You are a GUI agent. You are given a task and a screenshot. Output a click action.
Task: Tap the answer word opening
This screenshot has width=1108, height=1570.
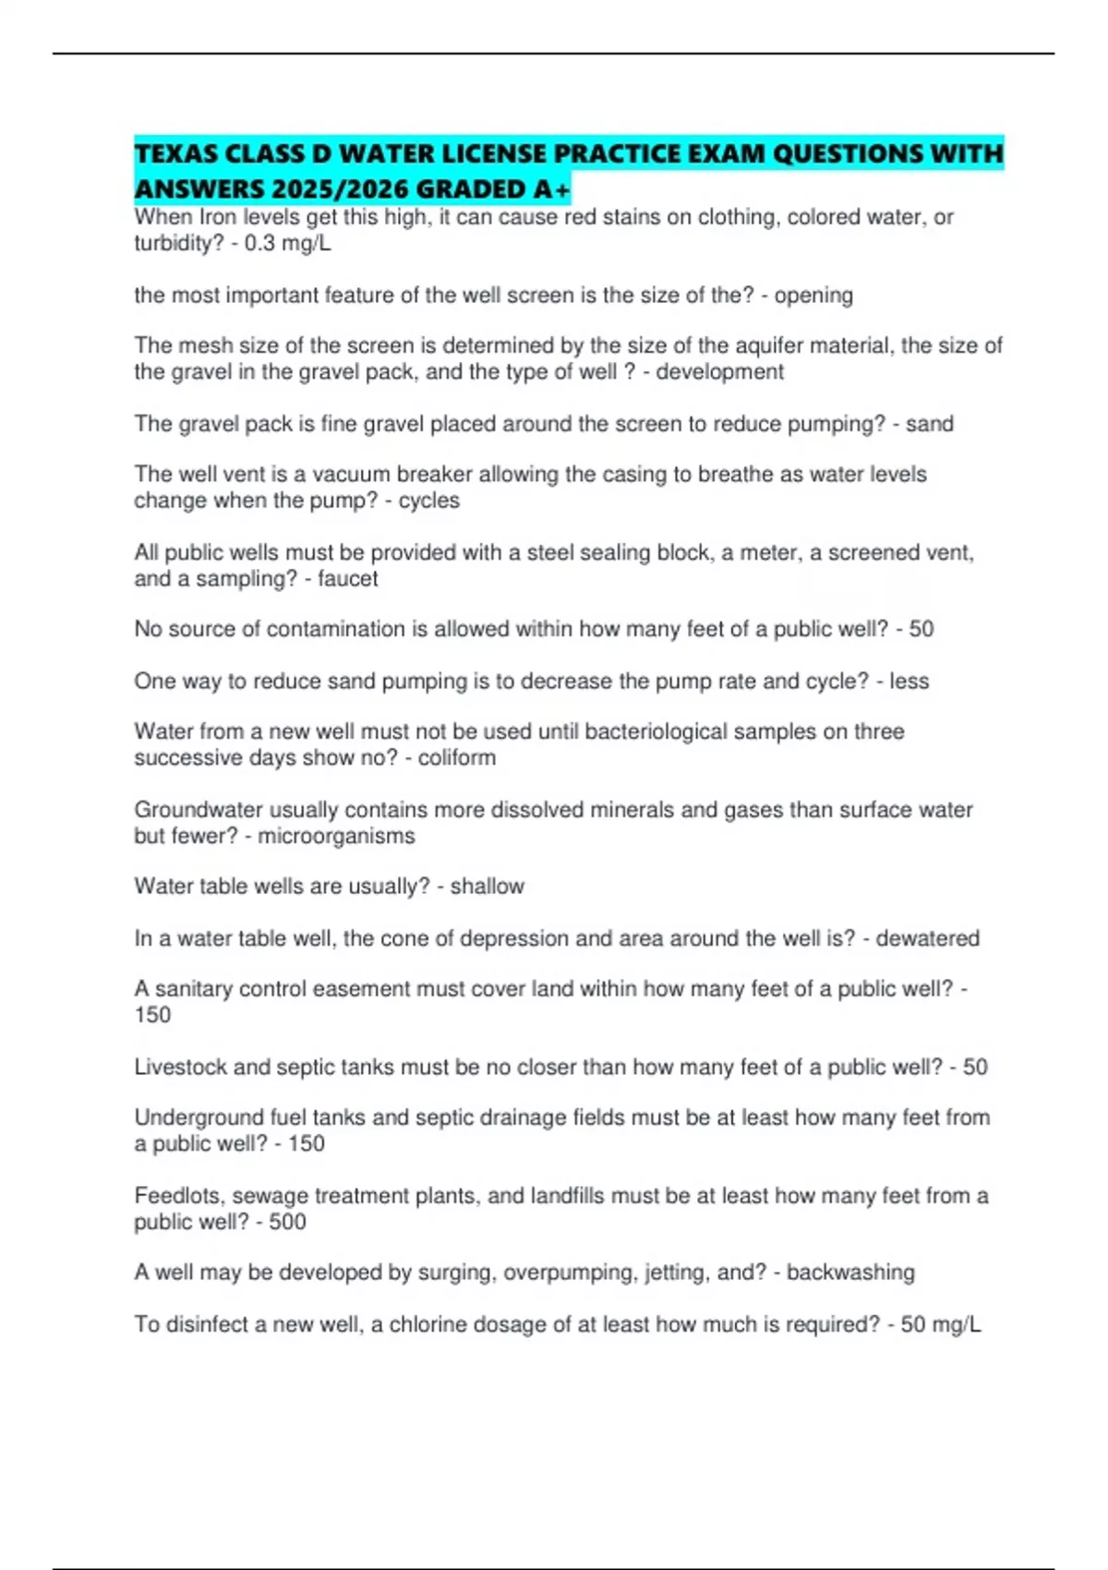pos(813,296)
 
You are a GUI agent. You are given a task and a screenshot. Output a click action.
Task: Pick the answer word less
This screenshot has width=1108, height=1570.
pos(909,682)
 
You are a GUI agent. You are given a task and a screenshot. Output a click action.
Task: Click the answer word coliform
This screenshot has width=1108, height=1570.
pos(456,758)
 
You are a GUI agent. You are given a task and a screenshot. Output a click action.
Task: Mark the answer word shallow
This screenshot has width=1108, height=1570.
pos(487,887)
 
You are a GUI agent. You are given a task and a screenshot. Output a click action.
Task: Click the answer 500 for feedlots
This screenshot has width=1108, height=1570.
pos(287,1222)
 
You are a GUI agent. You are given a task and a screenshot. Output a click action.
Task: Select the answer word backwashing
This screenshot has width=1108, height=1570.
pos(850,1273)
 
